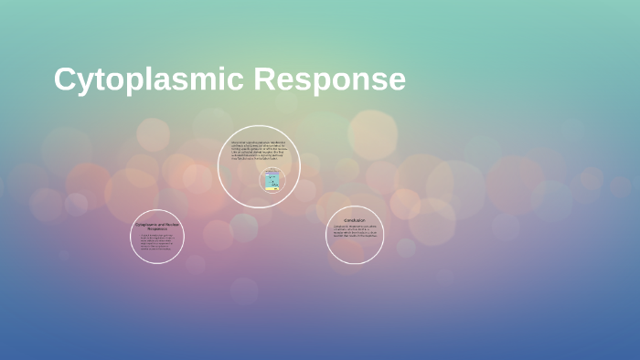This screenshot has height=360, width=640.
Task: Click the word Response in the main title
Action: [329, 80]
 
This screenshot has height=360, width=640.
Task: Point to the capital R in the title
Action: [265, 79]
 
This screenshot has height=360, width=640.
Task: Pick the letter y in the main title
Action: [86, 84]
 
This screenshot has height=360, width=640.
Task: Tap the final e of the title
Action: [396, 82]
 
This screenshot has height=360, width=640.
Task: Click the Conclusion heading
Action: [355, 220]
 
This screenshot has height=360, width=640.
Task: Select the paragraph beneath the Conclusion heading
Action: [355, 232]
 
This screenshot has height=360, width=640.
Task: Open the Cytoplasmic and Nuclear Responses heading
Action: [157, 226]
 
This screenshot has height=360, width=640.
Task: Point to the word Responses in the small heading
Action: [157, 228]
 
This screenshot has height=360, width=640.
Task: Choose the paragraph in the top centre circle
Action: [259, 149]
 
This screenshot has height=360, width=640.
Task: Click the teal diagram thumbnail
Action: [272, 180]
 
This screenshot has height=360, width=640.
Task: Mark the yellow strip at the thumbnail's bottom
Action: [272, 188]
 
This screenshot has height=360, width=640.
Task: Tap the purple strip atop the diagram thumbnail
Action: [272, 173]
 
